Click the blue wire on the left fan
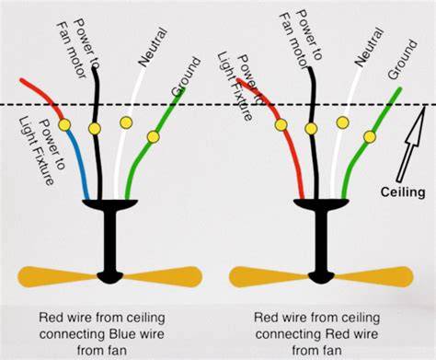[79, 163]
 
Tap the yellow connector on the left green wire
[153, 137]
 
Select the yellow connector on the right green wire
[370, 137]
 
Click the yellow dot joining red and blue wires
[64, 124]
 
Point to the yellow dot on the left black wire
[95, 129]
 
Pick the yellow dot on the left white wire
[126, 122]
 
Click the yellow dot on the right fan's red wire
[281, 125]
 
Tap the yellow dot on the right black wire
[311, 129]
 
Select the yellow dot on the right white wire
[342, 122]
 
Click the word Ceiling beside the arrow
[403, 192]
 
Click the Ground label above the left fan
[186, 77]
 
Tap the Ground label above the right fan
[403, 59]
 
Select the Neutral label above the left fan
[153, 47]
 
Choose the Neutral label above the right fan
[369, 47]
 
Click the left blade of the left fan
[58, 277]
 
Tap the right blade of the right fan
[373, 277]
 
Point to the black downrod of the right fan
[321, 241]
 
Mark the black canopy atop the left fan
[110, 204]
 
